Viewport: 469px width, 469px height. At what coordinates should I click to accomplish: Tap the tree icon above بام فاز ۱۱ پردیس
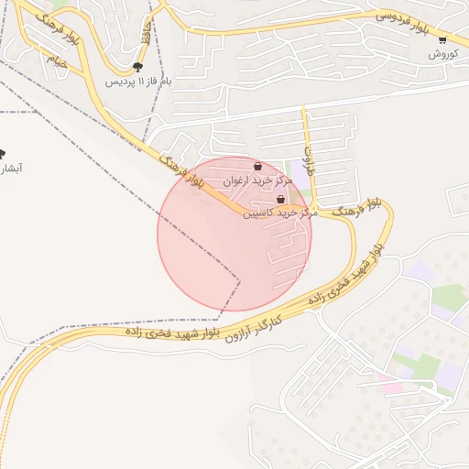(x=137, y=67)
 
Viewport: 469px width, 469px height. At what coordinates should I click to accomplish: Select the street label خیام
(x=58, y=62)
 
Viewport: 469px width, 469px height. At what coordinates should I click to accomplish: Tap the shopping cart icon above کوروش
(x=442, y=39)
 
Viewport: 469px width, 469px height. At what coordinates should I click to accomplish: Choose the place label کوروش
(x=442, y=54)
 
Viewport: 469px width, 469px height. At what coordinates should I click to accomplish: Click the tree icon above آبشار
(x=3, y=154)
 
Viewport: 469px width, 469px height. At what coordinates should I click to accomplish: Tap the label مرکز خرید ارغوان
(x=259, y=181)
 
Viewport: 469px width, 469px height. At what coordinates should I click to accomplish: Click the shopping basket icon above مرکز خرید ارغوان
(x=259, y=167)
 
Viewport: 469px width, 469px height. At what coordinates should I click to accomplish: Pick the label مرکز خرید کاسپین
(x=279, y=213)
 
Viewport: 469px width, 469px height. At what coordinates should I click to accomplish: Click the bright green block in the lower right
(x=449, y=295)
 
